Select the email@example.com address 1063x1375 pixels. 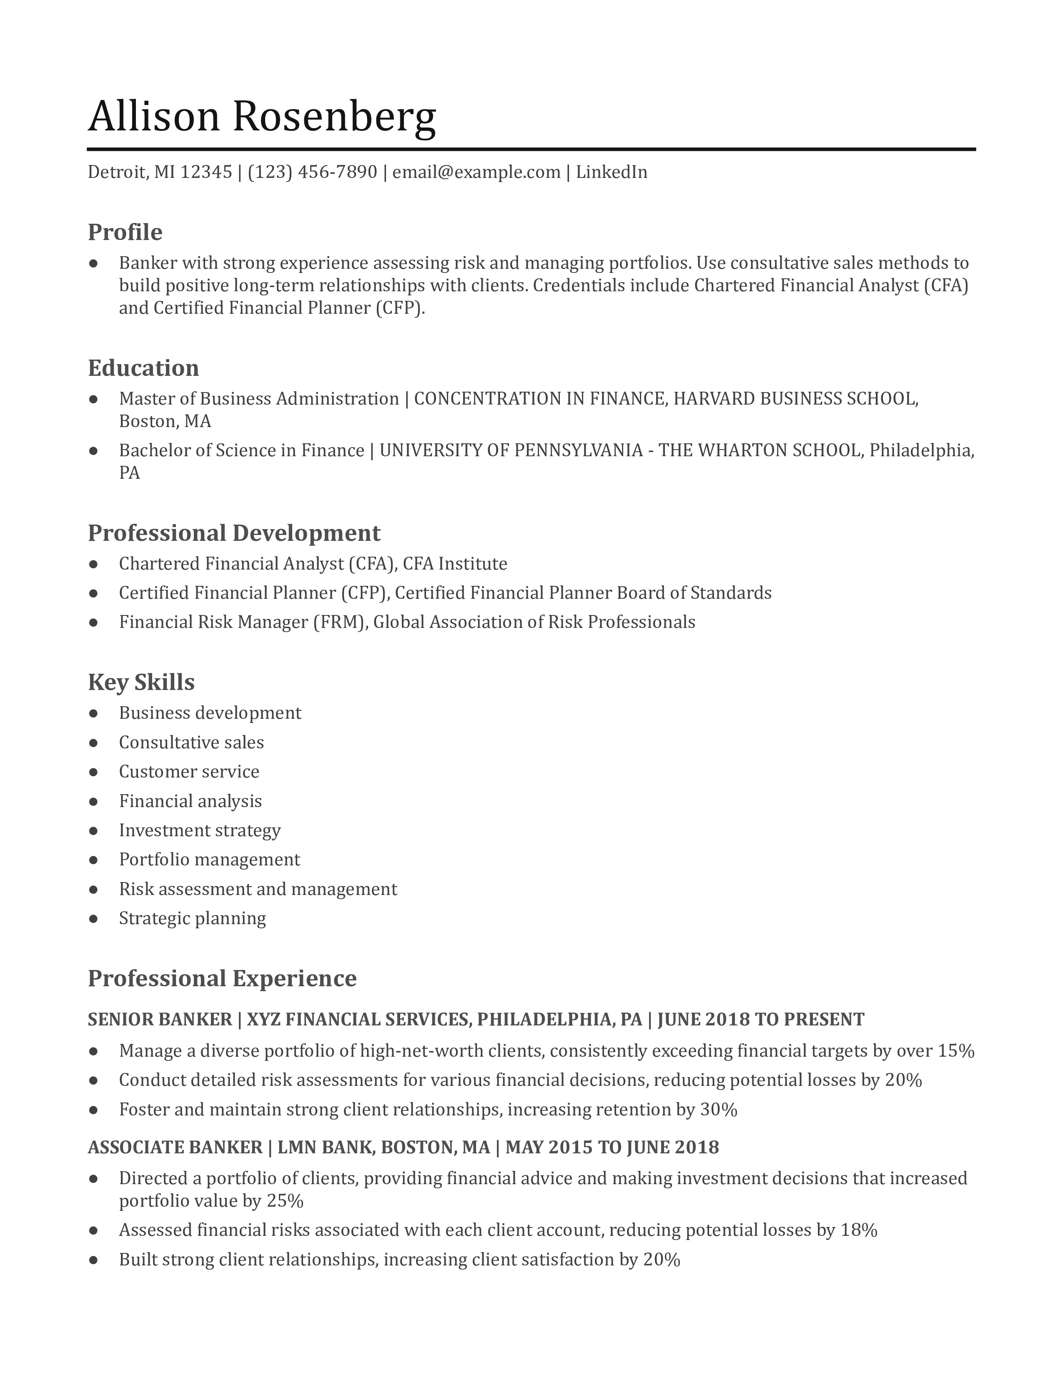click(x=476, y=172)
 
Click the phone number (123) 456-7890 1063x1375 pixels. click(x=312, y=172)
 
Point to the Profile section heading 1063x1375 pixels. click(x=125, y=232)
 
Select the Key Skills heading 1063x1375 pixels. click(x=141, y=682)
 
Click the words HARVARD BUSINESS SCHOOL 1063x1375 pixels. click(x=795, y=398)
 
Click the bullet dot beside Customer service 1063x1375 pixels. click(x=94, y=772)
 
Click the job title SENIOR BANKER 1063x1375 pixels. click(x=159, y=1019)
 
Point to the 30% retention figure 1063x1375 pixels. click(x=719, y=1109)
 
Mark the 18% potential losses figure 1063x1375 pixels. click(x=859, y=1230)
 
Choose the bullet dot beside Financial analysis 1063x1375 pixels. click(x=94, y=801)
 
